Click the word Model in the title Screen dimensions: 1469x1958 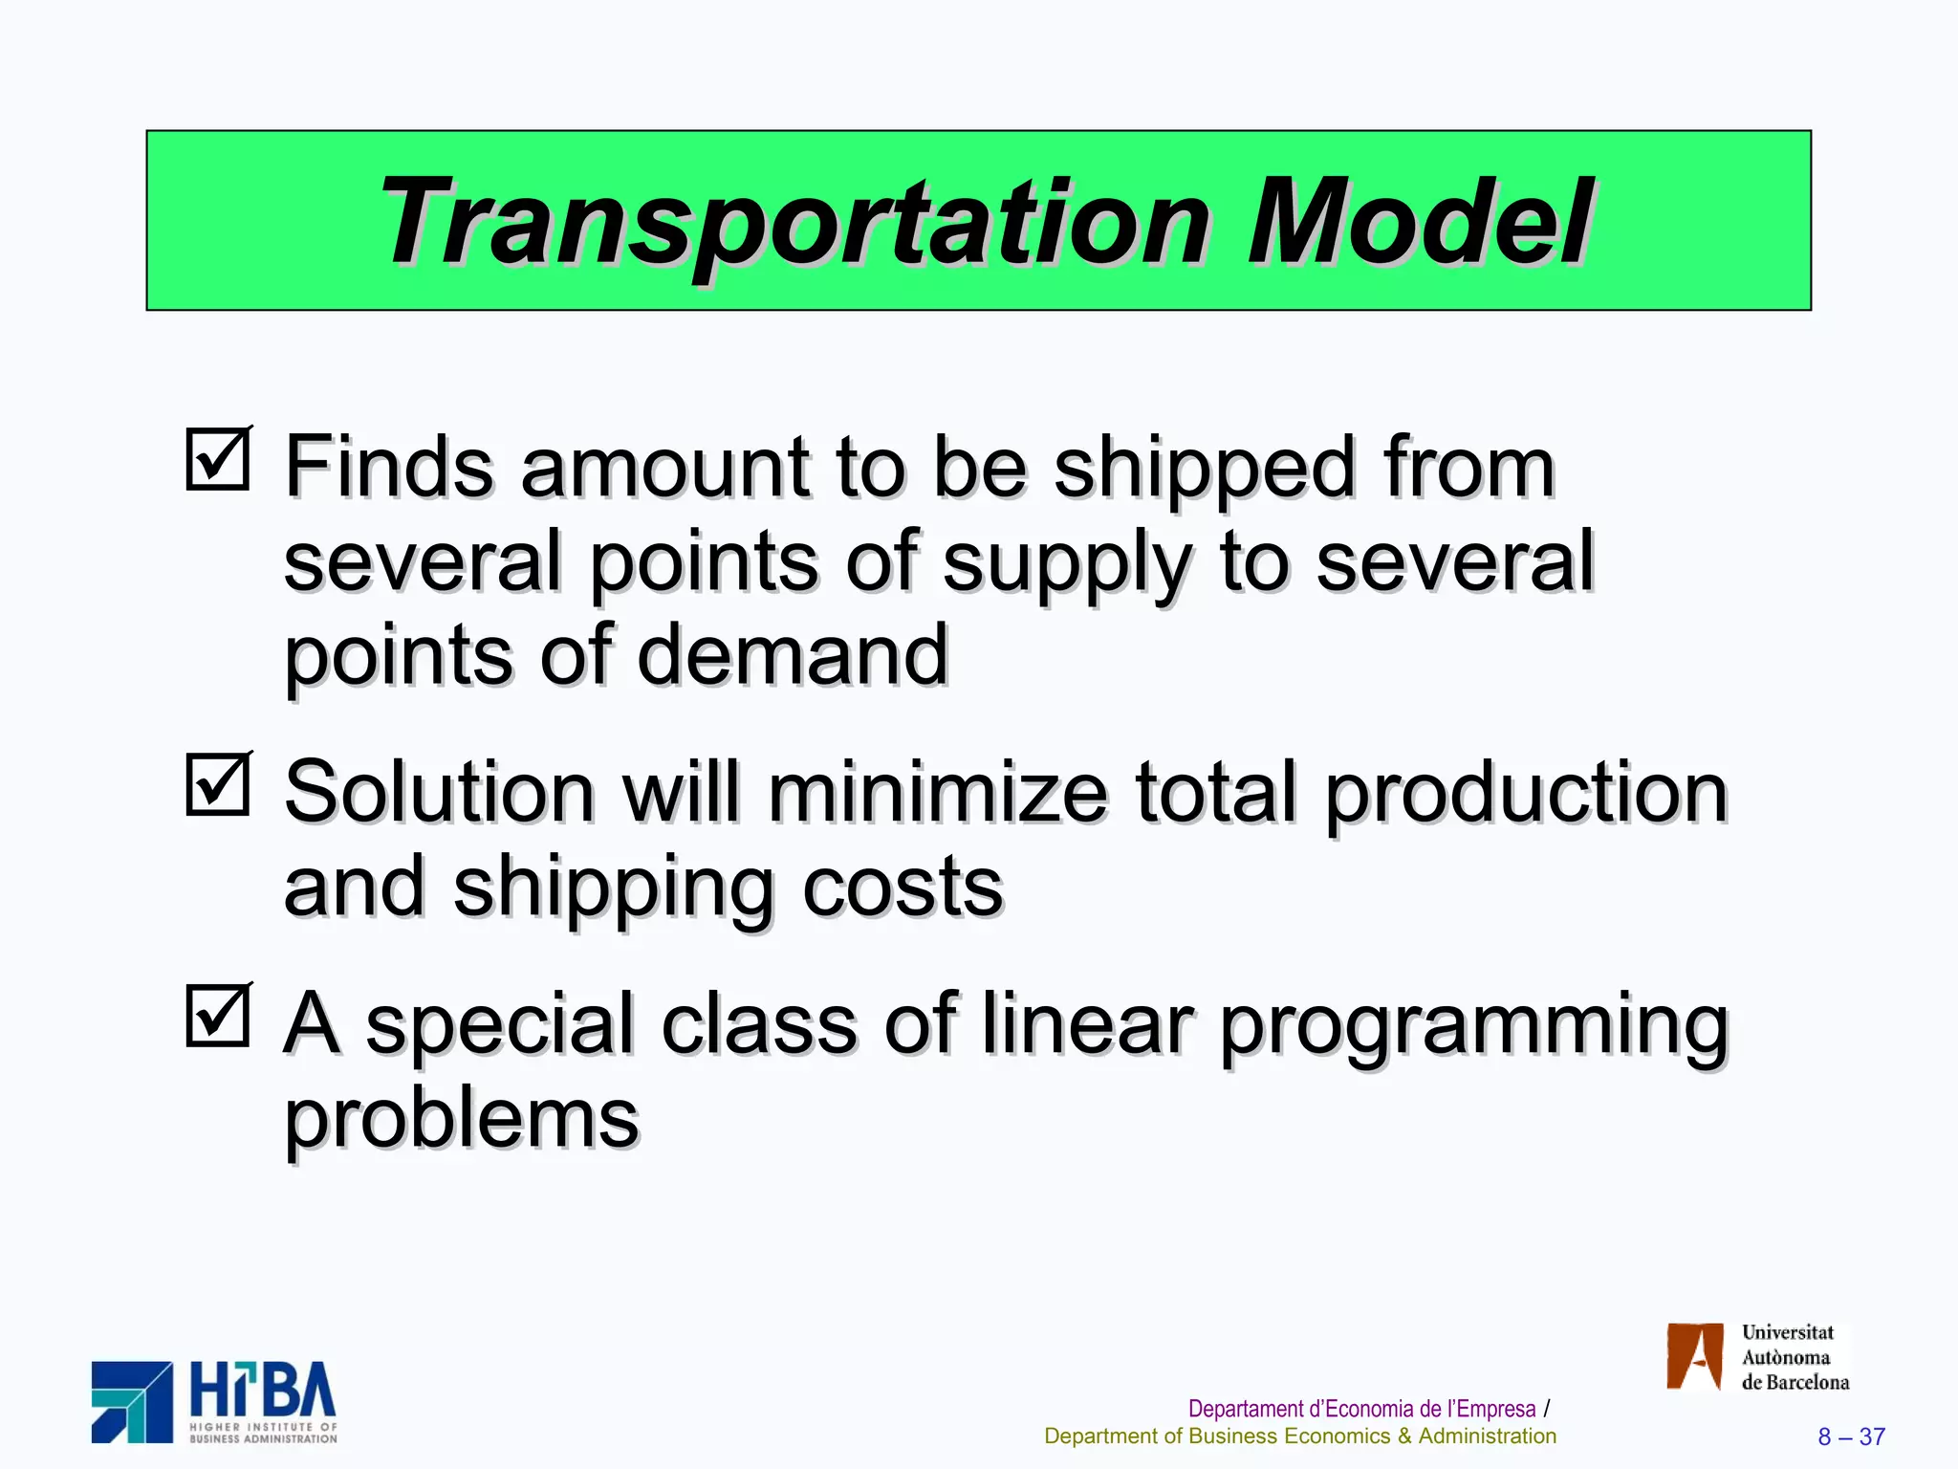[x=1419, y=222]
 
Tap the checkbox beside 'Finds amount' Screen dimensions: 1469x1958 [x=218, y=460]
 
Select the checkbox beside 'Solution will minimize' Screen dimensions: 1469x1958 [x=218, y=785]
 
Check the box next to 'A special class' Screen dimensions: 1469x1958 [x=218, y=1016]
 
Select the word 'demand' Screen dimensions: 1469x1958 [x=793, y=655]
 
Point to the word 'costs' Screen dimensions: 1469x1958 [x=903, y=888]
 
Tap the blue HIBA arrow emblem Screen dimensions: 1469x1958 [x=132, y=1402]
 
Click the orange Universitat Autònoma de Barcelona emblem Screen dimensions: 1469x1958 [x=1695, y=1356]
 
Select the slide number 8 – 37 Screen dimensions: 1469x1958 [x=1851, y=1436]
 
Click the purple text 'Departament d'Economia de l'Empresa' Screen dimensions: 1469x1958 [x=1361, y=1409]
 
